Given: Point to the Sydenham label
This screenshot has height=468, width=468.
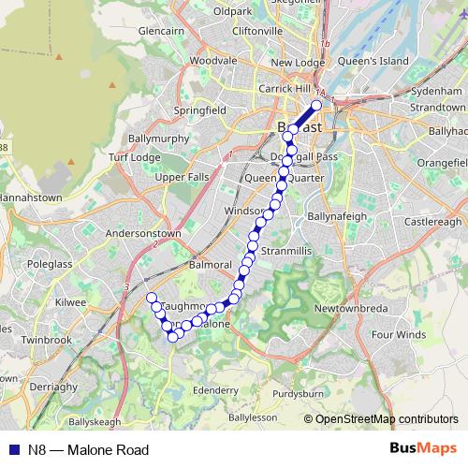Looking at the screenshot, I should pos(436,94).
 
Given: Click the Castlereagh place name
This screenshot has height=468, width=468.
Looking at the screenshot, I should pos(433,222).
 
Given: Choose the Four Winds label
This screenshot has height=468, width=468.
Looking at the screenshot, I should pos(398,334).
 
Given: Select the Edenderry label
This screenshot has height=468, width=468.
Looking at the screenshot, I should pos(215,388).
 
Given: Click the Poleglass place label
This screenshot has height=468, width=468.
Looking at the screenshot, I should pos(50,264).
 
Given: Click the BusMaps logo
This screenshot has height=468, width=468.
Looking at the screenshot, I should pos(423,449).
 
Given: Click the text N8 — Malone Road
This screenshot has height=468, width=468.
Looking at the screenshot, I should pos(88,450).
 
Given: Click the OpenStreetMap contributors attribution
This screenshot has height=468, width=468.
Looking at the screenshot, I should pos(386,419).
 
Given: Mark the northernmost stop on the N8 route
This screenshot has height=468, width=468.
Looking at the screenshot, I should pos(316,105).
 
